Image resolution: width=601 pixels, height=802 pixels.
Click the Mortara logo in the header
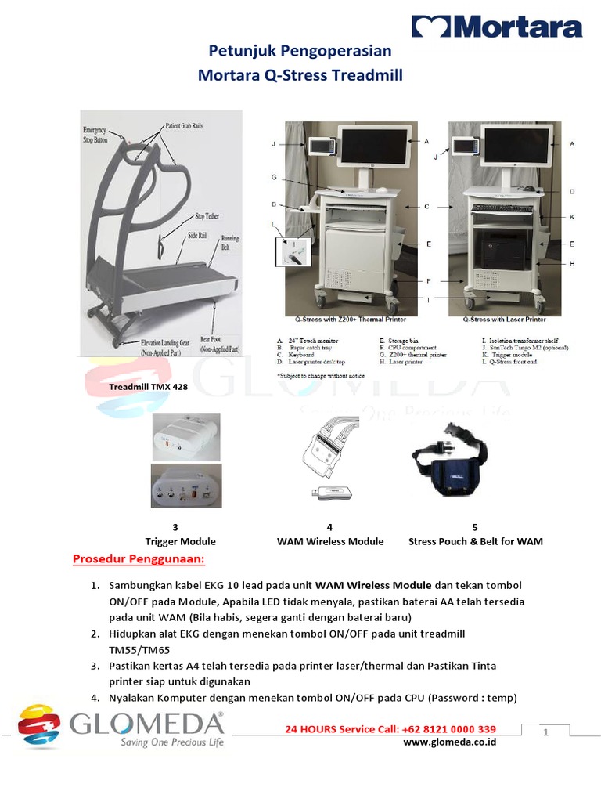497,27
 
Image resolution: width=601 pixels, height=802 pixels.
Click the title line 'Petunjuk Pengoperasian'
300,52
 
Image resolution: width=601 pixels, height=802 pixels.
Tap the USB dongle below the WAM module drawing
335,493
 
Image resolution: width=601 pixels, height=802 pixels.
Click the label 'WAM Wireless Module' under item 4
330,541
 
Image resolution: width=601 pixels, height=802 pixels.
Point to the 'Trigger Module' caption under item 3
180,541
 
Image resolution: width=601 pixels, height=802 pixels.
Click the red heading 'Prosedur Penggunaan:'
139,559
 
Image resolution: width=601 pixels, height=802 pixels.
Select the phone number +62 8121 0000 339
428,729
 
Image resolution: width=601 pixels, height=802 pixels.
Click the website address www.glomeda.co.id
450,742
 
